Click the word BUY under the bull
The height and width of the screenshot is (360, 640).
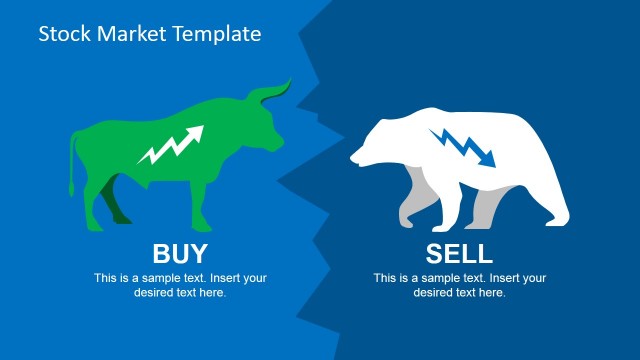coord(180,252)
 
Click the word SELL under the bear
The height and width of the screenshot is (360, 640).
coord(460,252)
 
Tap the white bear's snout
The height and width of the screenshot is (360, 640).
coord(356,158)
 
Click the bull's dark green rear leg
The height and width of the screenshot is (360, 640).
coord(118,213)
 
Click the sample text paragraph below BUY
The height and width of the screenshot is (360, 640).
coord(180,285)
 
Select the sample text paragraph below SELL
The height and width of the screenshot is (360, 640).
coord(460,285)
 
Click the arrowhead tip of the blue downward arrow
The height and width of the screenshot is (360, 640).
coord(491,163)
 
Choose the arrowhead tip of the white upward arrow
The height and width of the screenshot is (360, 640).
coord(199,130)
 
